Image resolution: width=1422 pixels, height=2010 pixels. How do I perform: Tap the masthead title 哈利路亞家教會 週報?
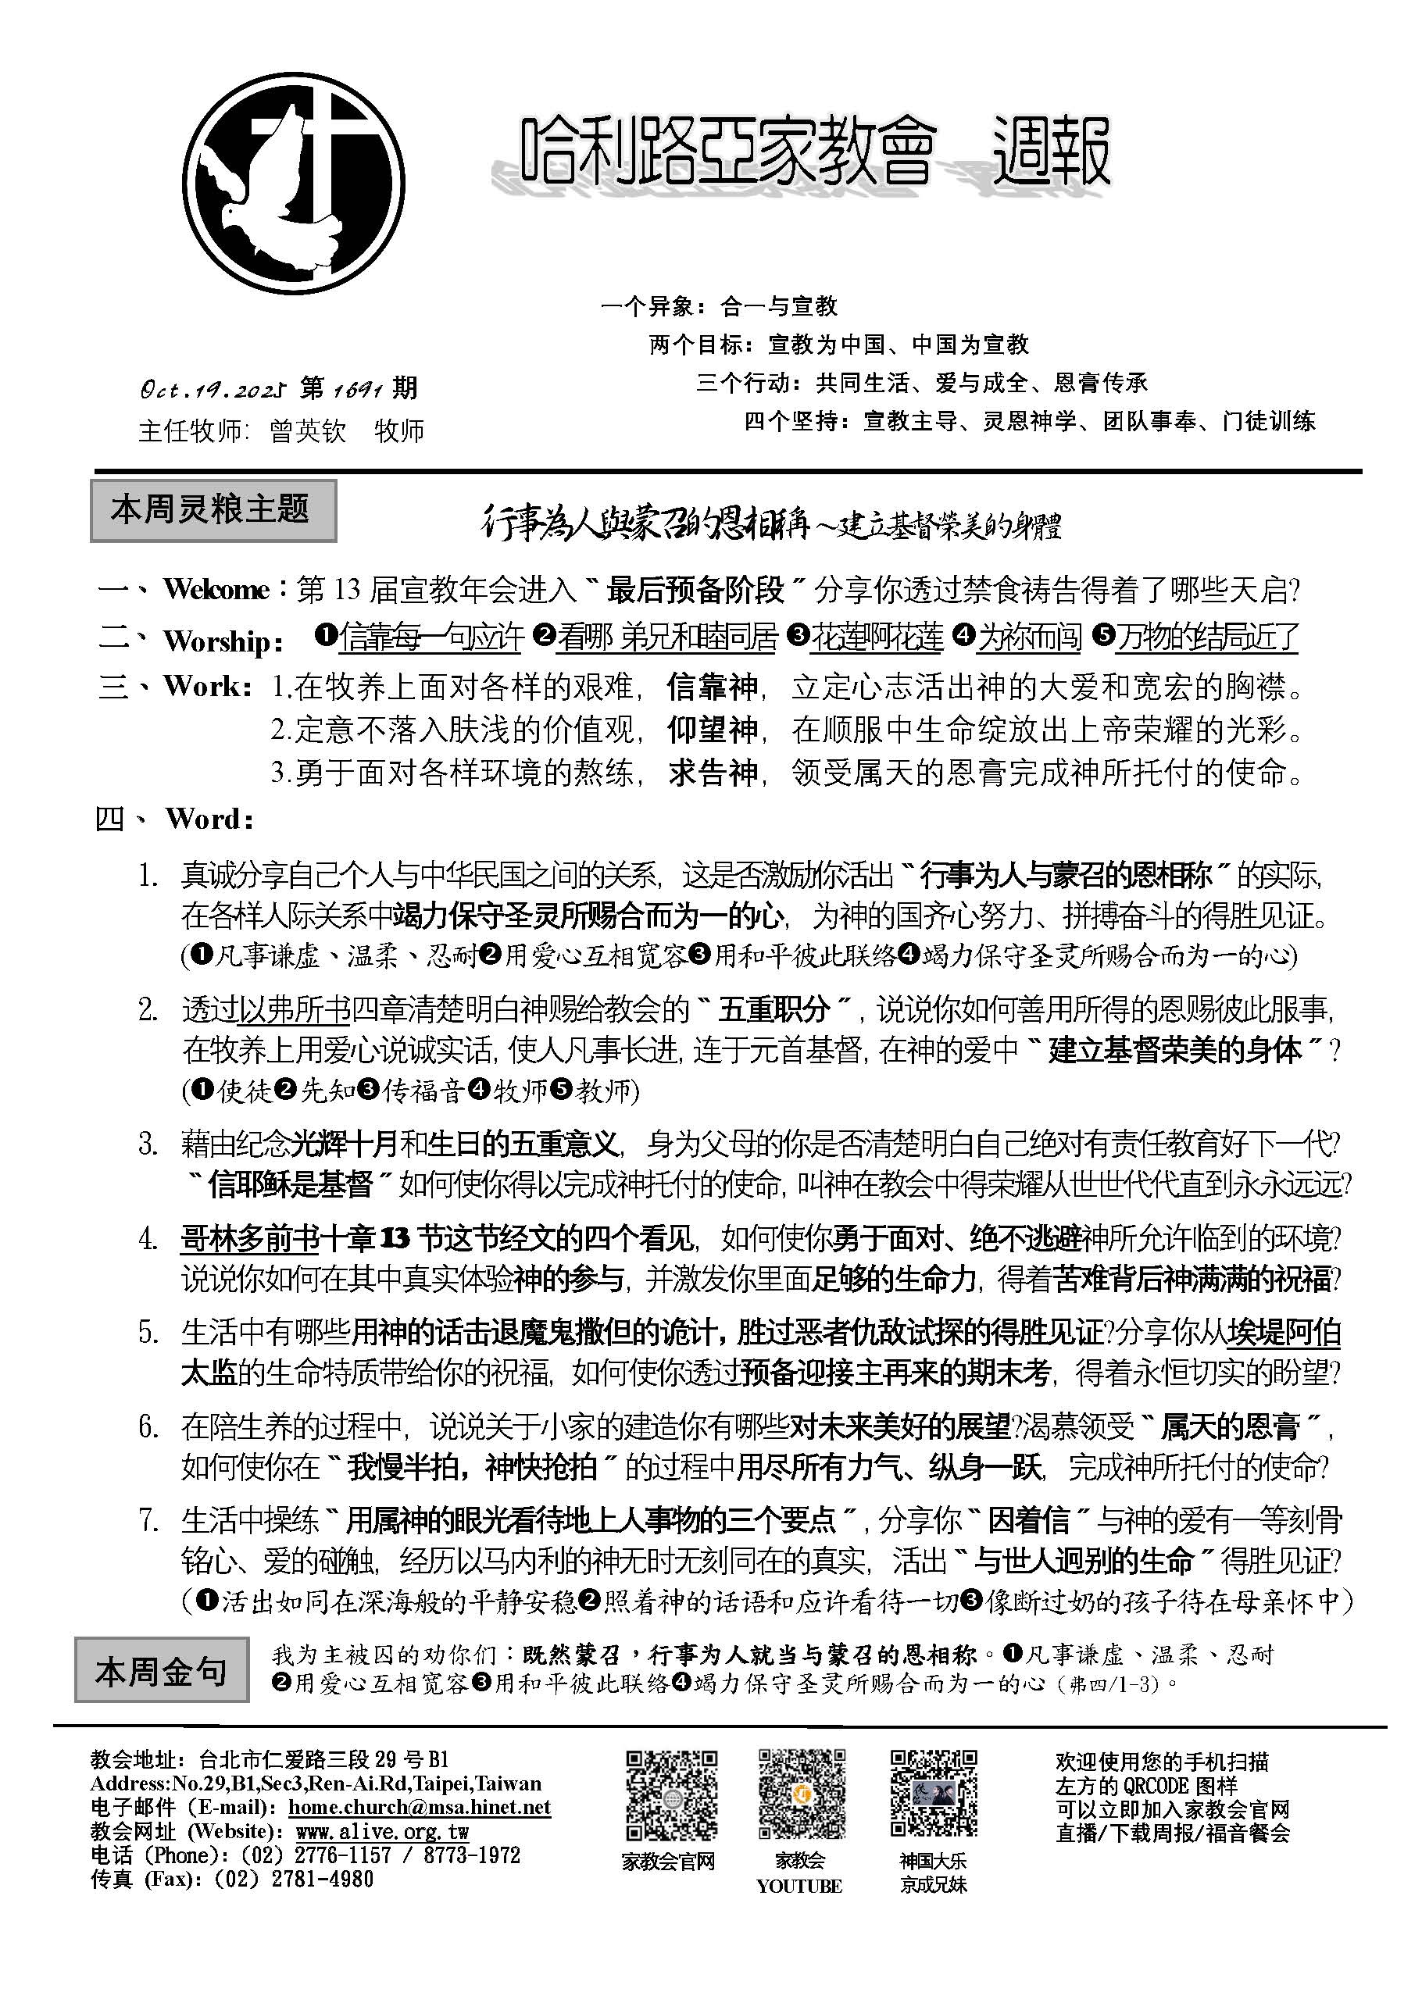pyautogui.click(x=814, y=154)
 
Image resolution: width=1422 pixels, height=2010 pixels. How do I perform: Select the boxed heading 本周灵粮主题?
pyautogui.click(x=213, y=509)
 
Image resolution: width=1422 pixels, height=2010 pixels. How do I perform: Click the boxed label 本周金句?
pyautogui.click(x=161, y=1671)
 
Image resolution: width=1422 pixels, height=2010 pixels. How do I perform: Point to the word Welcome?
pyautogui.click(x=216, y=590)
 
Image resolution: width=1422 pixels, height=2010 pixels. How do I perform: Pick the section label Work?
pyautogui.click(x=208, y=687)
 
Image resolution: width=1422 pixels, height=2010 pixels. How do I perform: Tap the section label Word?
pyautogui.click(x=209, y=819)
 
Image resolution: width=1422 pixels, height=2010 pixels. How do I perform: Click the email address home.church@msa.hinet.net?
pyautogui.click(x=420, y=1807)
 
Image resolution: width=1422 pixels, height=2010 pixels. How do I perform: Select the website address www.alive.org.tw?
pyautogui.click(x=383, y=1831)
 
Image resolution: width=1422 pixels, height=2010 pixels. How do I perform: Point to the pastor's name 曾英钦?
pyautogui.click(x=308, y=430)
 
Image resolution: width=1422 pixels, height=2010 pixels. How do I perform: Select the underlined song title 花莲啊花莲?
pyautogui.click(x=877, y=637)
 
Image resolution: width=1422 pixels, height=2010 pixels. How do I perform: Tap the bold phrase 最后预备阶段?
pyautogui.click(x=695, y=590)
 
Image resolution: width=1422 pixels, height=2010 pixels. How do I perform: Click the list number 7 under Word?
pyautogui.click(x=148, y=1519)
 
